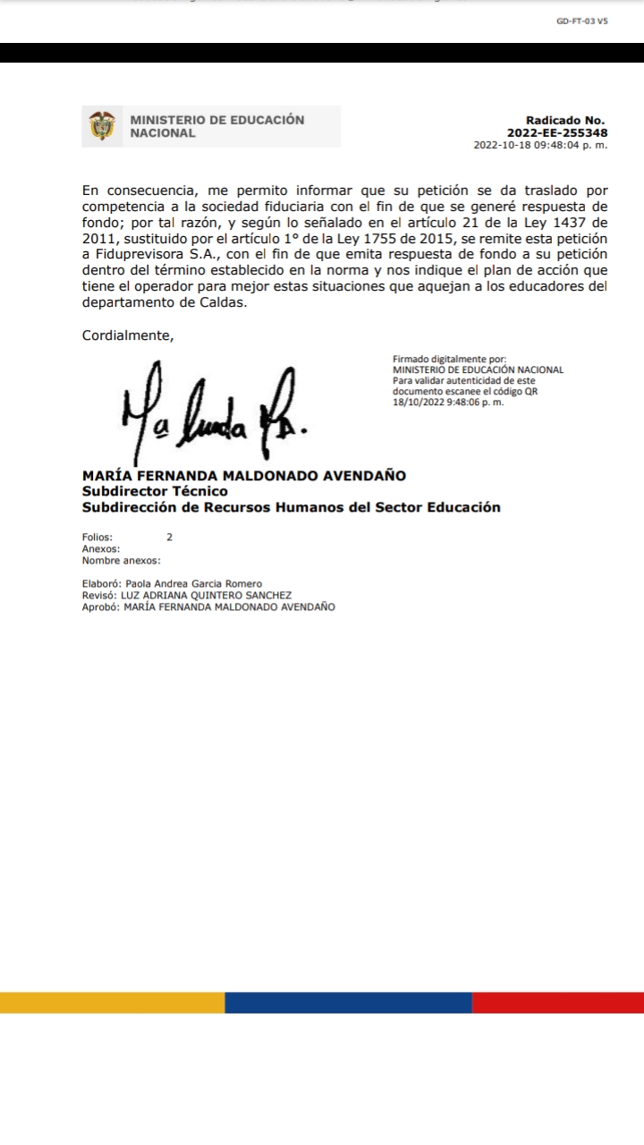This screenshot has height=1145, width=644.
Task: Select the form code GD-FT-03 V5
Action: coord(581,21)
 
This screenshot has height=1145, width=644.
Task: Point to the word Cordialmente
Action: coord(128,335)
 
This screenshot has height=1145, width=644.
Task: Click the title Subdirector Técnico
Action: coord(155,491)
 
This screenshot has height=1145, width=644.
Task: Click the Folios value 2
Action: coord(169,538)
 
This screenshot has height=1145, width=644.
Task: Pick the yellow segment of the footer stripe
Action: coord(112,1002)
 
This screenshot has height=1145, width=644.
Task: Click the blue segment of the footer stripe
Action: coord(348,1002)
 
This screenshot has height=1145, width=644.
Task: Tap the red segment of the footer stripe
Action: coord(558,1002)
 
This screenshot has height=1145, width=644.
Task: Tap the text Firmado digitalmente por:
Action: coord(449,359)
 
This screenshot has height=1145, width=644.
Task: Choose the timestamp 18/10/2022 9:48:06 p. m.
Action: coord(448,402)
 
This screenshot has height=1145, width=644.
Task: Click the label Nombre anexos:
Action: coord(121,561)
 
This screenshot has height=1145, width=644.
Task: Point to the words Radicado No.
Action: coord(565,120)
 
